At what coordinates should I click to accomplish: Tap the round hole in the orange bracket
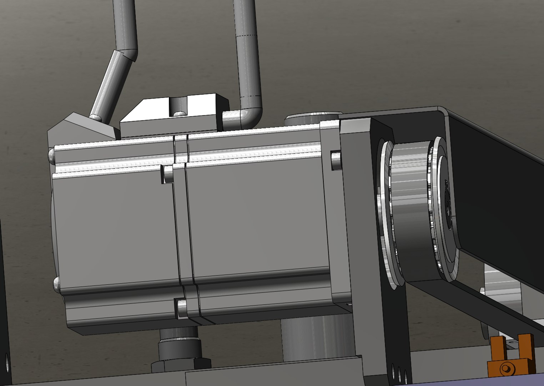pos(505,368)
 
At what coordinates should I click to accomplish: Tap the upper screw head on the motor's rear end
pos(51,156)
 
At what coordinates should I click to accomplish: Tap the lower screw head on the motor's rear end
pos(56,284)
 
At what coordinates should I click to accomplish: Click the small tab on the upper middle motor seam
pos(166,174)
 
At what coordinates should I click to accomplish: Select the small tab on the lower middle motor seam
pos(181,308)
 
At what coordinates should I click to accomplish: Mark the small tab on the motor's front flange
pos(336,160)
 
